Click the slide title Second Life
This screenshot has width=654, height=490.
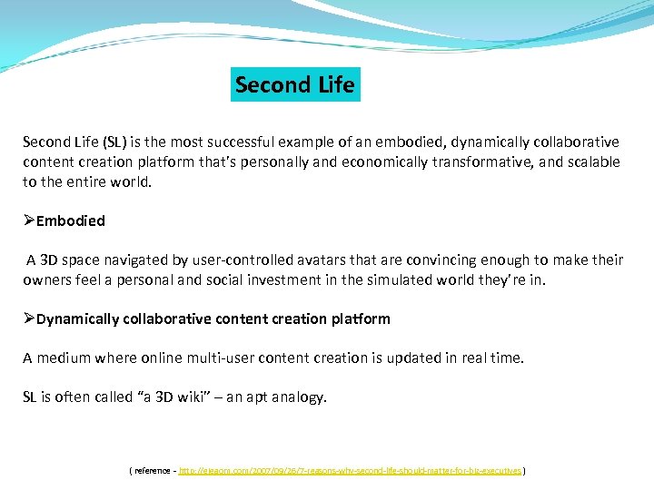295,85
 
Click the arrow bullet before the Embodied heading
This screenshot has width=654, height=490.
29,220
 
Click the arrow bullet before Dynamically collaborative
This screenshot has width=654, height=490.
29,318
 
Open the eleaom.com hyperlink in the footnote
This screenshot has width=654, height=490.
350,471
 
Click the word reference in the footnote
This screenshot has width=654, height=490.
154,471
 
